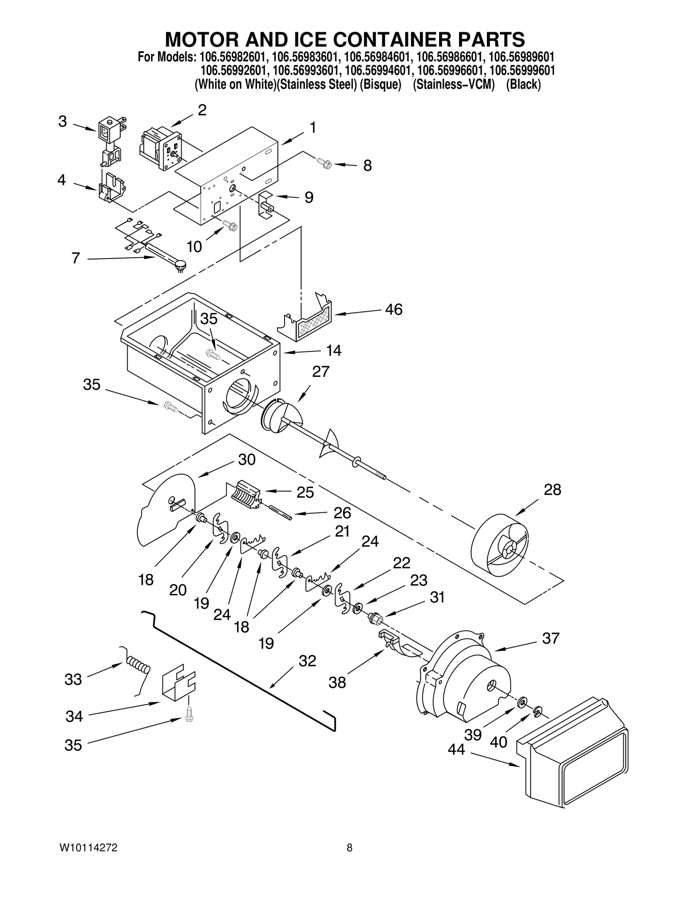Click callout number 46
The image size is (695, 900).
click(x=394, y=309)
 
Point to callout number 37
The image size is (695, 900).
click(x=550, y=638)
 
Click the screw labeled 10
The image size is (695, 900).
click(x=230, y=225)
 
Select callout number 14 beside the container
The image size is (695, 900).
click(x=334, y=350)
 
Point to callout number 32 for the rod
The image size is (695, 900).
click(x=307, y=661)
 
